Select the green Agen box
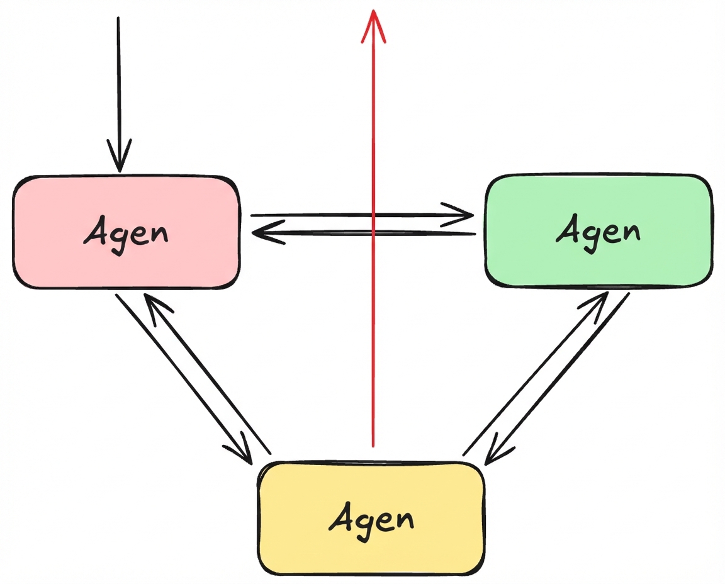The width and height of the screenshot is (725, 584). pos(599,232)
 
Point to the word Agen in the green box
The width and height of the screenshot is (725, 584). pos(598,232)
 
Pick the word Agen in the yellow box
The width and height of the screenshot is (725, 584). pos(371,519)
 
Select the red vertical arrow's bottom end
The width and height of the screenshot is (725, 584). pos(373,446)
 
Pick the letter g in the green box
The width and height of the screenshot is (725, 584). pos(590,237)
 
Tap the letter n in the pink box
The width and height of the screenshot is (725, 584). pos(159,235)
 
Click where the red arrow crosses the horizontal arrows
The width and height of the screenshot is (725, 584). pos(373,224)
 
